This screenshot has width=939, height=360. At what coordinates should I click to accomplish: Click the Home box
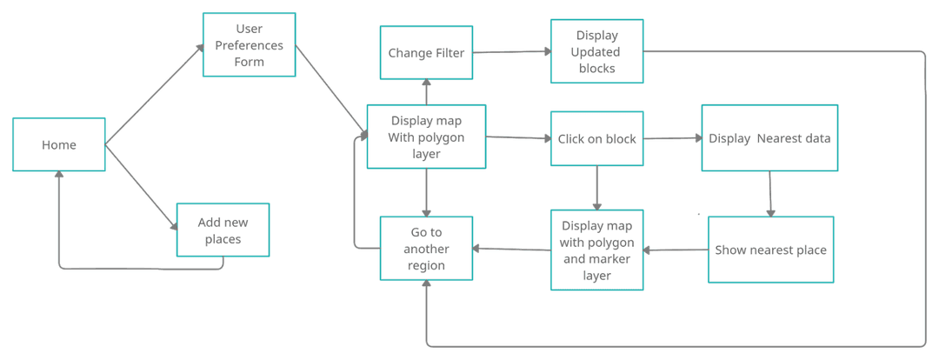tap(59, 145)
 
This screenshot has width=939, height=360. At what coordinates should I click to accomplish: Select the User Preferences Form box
tap(250, 44)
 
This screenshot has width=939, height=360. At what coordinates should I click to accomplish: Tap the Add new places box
tap(223, 230)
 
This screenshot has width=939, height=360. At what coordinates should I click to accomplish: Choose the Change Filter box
tap(426, 53)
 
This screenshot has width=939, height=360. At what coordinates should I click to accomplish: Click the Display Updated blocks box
tap(597, 52)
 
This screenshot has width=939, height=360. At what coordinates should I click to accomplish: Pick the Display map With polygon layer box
tap(426, 137)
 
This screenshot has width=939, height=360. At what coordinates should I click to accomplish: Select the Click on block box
tap(597, 139)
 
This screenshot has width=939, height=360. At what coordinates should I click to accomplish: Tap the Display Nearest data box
tap(769, 138)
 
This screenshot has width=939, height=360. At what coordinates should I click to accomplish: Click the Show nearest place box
tap(770, 250)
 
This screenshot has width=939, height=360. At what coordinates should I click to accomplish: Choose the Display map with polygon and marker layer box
tap(597, 250)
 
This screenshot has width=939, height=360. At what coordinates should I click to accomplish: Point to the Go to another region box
tap(426, 249)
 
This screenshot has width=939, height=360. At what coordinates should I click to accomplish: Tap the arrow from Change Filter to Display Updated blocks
tap(512, 53)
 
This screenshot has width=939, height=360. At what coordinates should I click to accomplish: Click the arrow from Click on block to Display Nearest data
tap(672, 138)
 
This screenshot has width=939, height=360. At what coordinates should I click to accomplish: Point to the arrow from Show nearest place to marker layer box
tap(676, 250)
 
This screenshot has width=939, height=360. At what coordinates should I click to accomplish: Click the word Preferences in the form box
tap(250, 45)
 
